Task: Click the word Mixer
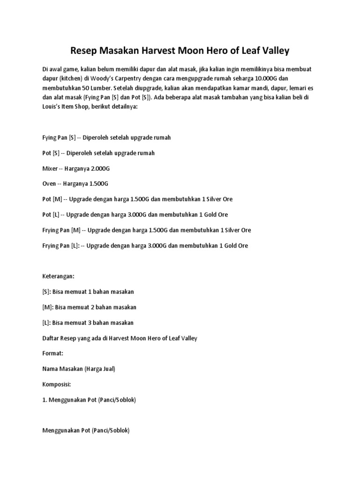click(50, 168)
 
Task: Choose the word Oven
click(49, 183)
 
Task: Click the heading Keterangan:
click(59, 276)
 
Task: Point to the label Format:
click(52, 353)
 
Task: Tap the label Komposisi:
click(57, 384)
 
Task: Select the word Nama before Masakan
click(50, 368)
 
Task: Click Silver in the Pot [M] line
click(210, 199)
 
